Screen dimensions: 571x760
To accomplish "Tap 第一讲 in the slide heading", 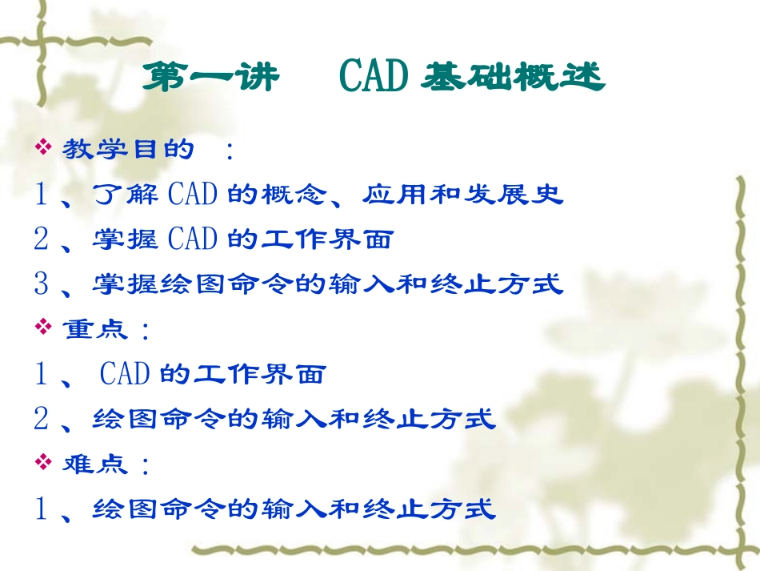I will (210, 78).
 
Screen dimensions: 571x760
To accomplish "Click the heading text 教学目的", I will (128, 149).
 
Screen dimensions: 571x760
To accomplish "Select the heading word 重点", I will (95, 328).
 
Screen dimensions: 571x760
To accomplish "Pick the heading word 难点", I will (95, 463).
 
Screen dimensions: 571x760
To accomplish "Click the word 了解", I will (126, 195).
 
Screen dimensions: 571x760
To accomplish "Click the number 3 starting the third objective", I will (42, 283).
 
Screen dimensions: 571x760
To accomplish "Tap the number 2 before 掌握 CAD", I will (42, 239).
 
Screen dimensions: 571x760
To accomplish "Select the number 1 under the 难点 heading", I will (42, 509).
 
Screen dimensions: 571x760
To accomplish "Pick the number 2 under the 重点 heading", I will (42, 418).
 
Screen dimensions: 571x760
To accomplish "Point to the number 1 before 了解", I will (42, 195).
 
